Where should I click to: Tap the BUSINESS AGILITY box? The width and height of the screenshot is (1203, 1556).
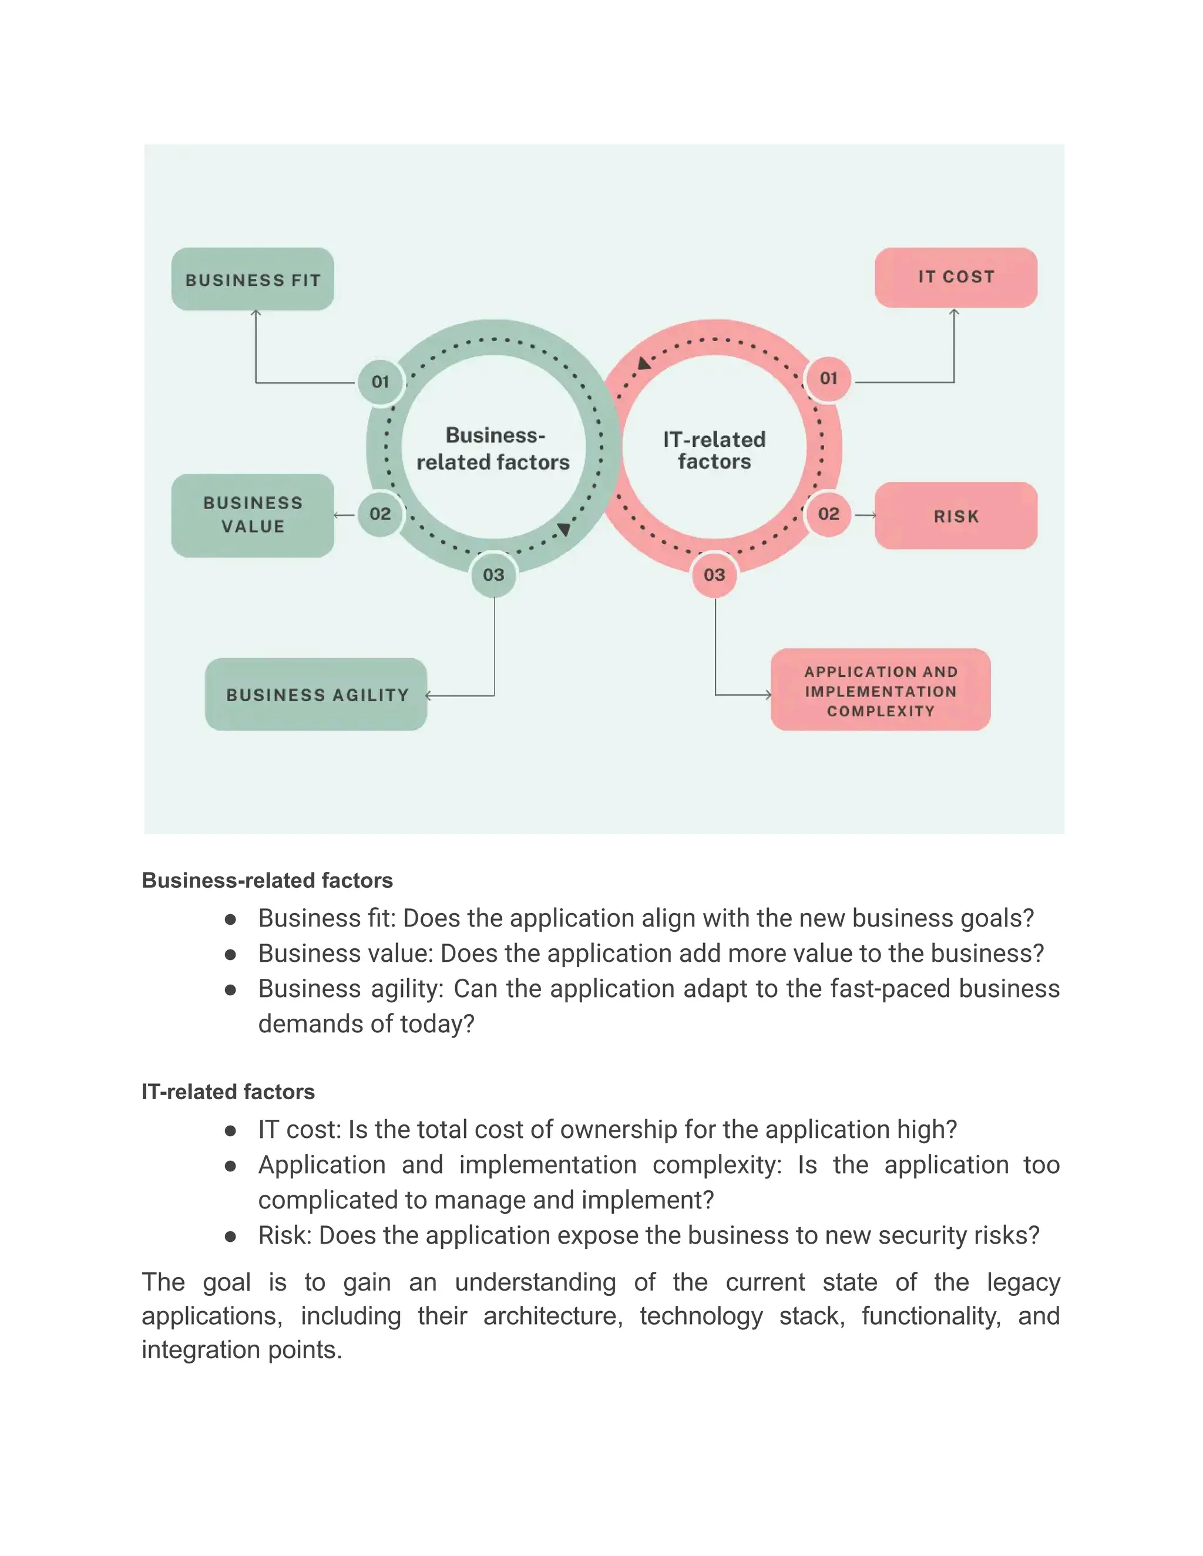(x=315, y=695)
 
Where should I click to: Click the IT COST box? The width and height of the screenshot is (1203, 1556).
(x=956, y=277)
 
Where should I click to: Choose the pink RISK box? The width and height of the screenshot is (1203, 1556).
(x=956, y=516)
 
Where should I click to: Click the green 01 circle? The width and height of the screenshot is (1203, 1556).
(x=381, y=382)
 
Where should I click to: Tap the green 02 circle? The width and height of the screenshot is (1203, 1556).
(x=380, y=514)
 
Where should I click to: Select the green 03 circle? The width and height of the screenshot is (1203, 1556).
(x=493, y=575)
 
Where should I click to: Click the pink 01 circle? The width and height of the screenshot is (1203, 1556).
(x=828, y=378)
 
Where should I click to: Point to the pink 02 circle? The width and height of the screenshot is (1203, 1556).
(x=828, y=514)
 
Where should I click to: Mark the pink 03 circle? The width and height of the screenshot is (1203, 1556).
(x=714, y=575)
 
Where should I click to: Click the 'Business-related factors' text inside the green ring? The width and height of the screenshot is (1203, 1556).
(x=493, y=449)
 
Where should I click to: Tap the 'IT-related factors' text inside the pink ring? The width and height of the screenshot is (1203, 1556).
(x=714, y=450)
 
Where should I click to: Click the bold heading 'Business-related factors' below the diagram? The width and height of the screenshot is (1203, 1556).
(x=267, y=881)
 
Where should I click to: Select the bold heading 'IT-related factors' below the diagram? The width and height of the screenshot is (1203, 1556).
(x=228, y=1092)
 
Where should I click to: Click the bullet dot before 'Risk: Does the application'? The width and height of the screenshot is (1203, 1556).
(x=230, y=1237)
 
